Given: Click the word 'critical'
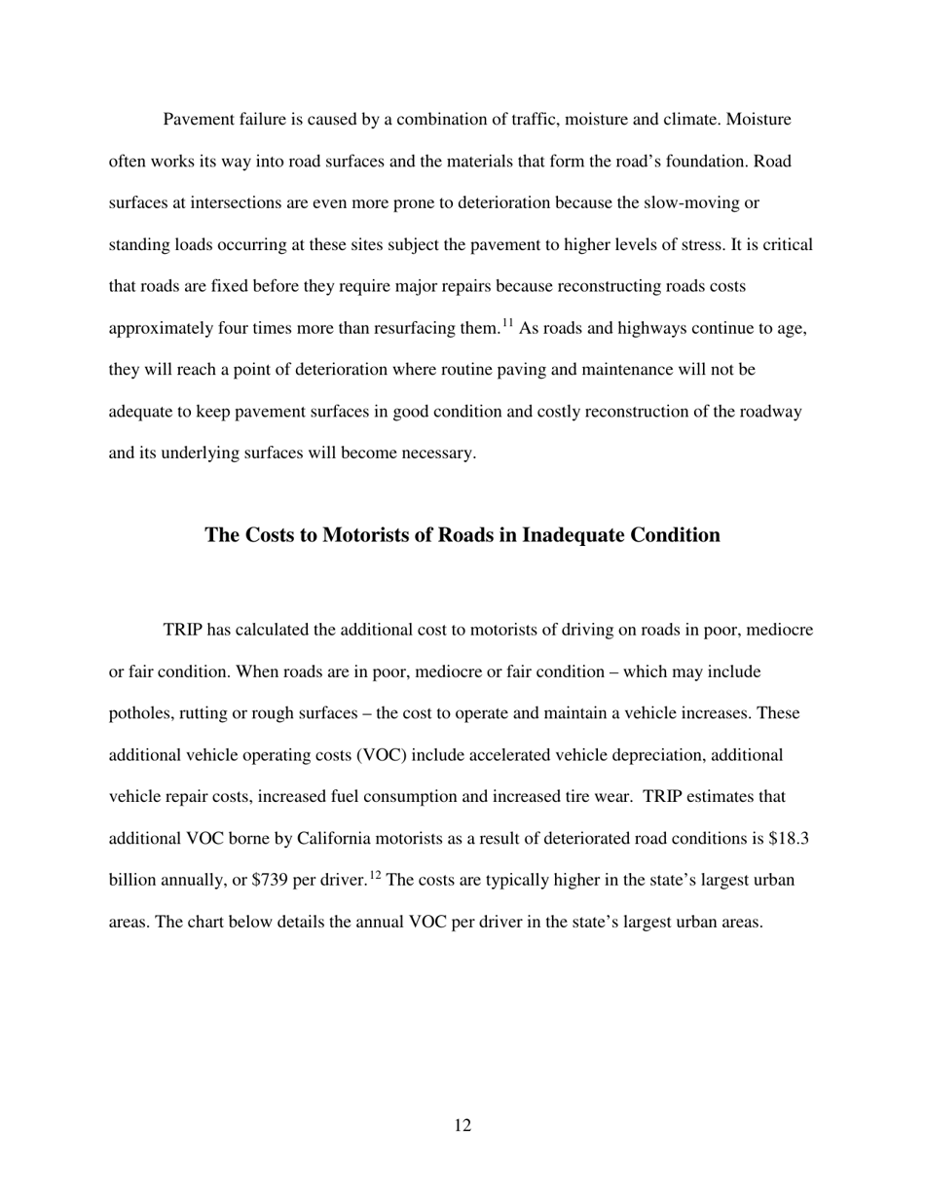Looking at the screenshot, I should (x=784, y=245).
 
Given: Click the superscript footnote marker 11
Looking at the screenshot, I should (x=507, y=322).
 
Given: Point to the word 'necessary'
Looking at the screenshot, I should (x=434, y=453).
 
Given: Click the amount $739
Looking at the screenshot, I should (x=270, y=881).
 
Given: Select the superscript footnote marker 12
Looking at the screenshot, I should (x=375, y=874).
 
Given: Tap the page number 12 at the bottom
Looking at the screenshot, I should (x=462, y=1126).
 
